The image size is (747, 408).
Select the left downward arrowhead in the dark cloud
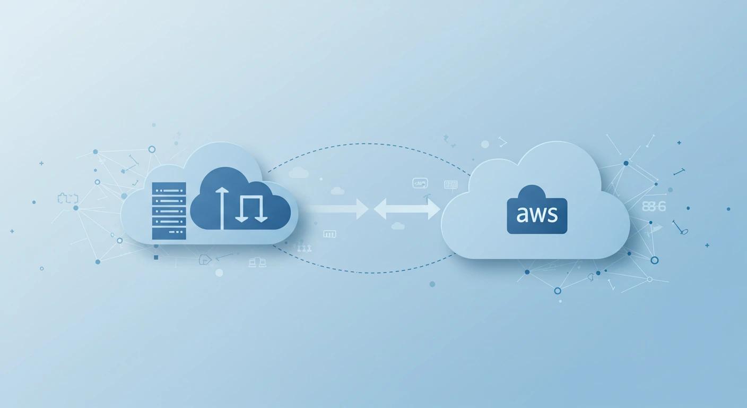(242, 217)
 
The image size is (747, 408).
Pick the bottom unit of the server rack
(169, 234)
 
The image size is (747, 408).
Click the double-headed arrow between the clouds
(407, 209)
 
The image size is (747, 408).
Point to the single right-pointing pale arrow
(340, 209)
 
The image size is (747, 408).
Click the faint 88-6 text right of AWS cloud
(653, 207)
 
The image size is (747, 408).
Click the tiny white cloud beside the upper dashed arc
(299, 172)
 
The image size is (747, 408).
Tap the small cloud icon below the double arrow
(398, 226)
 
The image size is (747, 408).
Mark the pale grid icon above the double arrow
(450, 184)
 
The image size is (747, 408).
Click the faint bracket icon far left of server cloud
(67, 199)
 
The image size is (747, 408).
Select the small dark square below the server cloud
(156, 257)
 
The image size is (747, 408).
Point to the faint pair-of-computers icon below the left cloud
(257, 262)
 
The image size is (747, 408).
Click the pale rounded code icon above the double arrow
(420, 183)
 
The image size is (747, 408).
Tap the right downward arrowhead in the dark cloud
(260, 217)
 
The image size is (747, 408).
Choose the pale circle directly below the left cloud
(219, 273)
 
